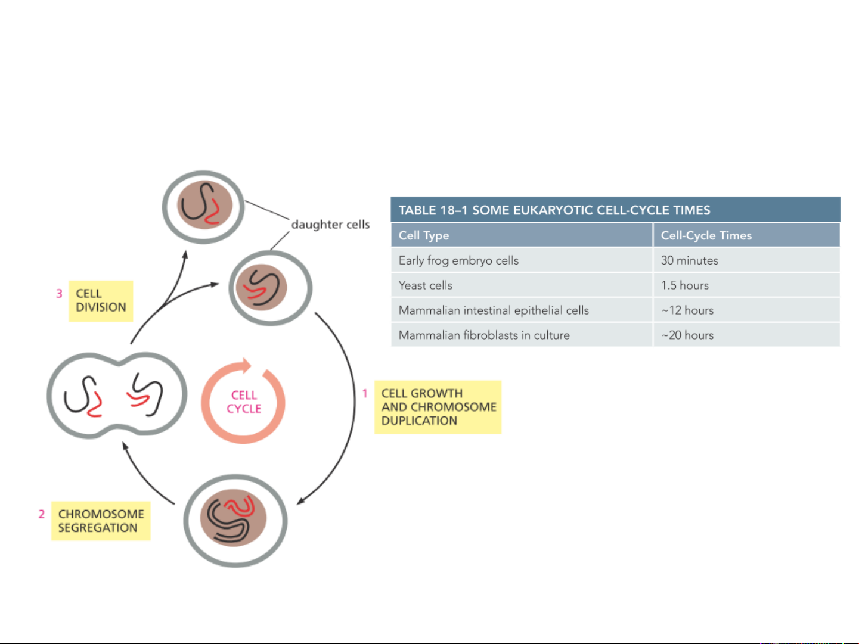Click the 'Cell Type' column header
click(x=424, y=235)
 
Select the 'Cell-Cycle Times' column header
click(x=706, y=235)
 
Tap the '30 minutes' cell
click(x=690, y=260)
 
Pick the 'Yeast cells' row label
click(x=426, y=285)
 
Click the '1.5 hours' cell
click(x=685, y=285)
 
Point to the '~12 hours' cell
click(x=687, y=310)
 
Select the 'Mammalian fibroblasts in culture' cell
click(x=484, y=335)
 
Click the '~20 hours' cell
click(x=687, y=335)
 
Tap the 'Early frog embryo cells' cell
click(x=458, y=260)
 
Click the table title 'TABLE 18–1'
click(x=433, y=210)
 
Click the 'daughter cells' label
click(x=331, y=225)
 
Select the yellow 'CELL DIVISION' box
click(x=101, y=301)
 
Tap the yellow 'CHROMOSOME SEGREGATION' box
click(x=101, y=521)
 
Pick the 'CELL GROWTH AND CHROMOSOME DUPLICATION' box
click(x=438, y=407)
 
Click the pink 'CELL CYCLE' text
click(x=244, y=402)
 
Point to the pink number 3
click(x=59, y=293)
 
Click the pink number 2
click(x=42, y=514)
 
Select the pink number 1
click(x=365, y=393)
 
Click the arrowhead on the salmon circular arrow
click(x=246, y=365)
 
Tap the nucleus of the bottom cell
click(x=233, y=518)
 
